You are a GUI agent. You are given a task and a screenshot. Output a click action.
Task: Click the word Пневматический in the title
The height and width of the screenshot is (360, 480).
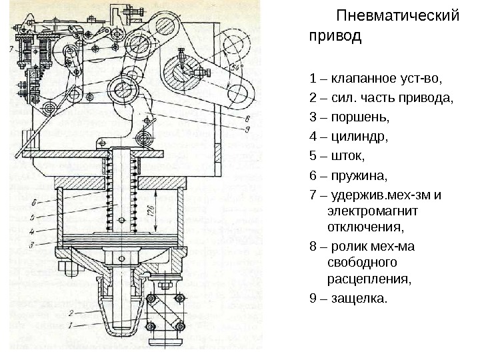398,15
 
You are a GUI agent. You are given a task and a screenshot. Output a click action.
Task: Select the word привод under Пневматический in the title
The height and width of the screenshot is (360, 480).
335,35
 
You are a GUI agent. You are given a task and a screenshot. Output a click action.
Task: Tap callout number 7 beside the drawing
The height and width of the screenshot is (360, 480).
11,49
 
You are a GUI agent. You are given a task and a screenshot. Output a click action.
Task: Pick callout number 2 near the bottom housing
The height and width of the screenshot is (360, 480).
71,312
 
